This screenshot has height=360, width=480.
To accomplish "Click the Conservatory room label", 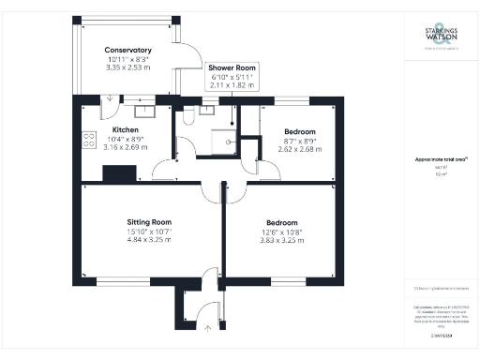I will coord(127,50).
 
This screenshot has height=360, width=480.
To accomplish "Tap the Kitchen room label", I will coord(126,129).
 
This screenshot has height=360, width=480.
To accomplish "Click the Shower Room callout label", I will coord(232,68).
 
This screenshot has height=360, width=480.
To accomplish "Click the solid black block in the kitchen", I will coord(119,172).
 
